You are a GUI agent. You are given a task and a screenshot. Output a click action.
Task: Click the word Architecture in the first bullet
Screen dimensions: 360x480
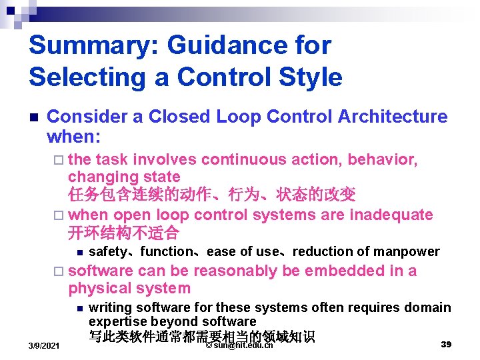click(x=393, y=117)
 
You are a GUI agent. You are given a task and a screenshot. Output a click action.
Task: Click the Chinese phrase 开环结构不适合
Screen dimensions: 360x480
click(x=123, y=233)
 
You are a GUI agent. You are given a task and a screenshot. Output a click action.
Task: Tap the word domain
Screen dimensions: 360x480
click(x=429, y=307)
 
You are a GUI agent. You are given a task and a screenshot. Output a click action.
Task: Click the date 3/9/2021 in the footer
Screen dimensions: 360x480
click(x=43, y=346)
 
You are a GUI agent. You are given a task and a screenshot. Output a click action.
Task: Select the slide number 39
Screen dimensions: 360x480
click(x=447, y=344)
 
